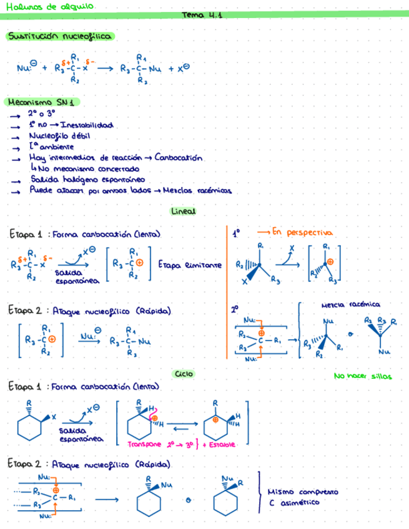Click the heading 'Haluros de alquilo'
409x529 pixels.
pyautogui.click(x=48, y=6)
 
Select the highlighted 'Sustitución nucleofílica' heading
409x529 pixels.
pyautogui.click(x=59, y=37)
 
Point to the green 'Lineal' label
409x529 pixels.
pyautogui.click(x=183, y=211)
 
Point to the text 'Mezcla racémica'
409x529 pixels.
pyautogui.click(x=351, y=305)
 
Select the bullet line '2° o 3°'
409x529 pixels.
pyautogui.click(x=41, y=114)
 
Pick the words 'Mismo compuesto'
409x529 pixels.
pyautogui.click(x=303, y=492)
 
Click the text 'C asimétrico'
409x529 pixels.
pyautogui.click(x=294, y=502)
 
